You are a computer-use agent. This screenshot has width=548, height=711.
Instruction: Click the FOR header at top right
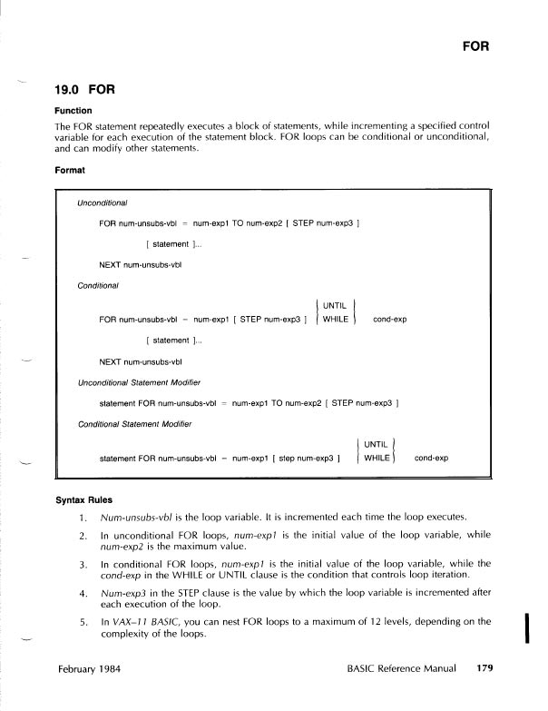coord(476,44)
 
